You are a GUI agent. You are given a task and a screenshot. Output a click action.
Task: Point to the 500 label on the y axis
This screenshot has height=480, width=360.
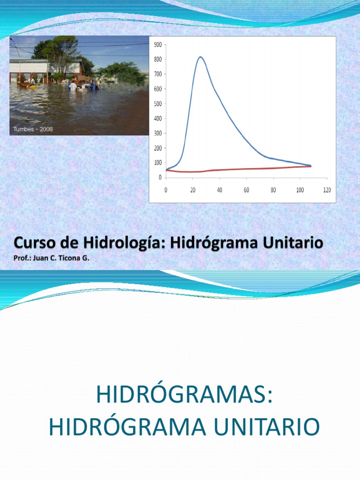[x=157, y=104]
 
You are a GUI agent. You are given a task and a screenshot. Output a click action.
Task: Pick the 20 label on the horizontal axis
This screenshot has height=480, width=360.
[x=193, y=189]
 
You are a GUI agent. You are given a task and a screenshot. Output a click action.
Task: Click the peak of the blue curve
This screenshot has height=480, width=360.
[x=200, y=57]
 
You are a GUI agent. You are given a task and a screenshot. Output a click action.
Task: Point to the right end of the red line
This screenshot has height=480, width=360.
[x=310, y=166]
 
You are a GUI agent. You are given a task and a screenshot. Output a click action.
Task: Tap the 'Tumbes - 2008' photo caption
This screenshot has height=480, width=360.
[x=33, y=129]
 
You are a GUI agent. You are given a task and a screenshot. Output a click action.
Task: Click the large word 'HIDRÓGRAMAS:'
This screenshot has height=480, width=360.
[x=184, y=395]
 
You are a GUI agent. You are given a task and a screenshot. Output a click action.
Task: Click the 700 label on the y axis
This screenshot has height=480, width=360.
[x=157, y=74]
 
